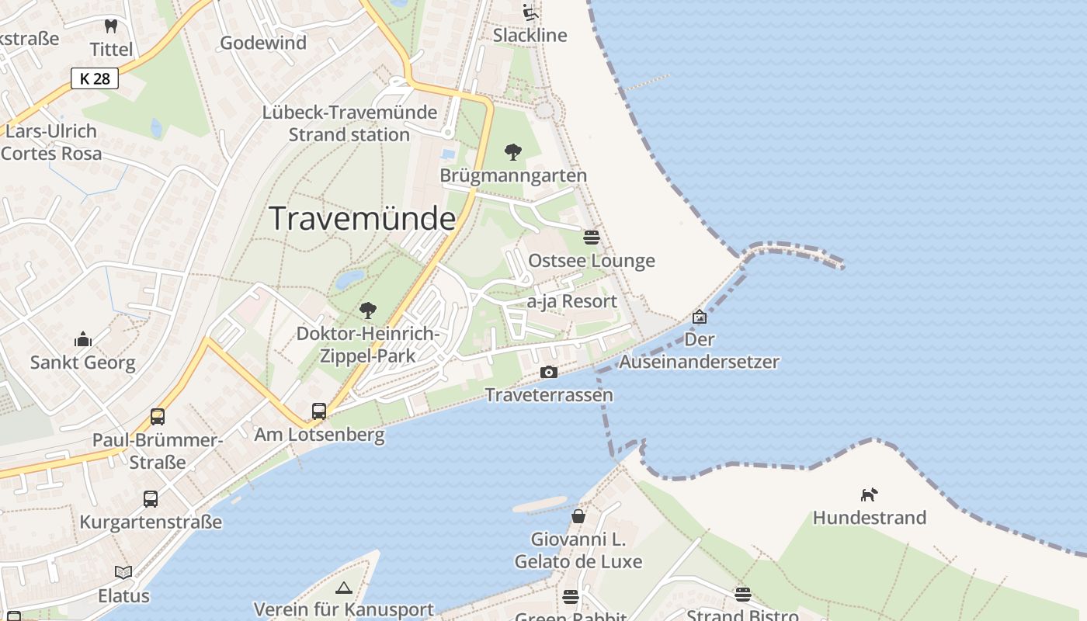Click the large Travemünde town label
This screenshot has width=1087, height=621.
tap(362, 219)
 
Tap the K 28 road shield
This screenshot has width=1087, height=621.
tap(95, 78)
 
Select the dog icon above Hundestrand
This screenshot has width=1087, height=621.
tap(869, 494)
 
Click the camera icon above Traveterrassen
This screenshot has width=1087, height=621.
tap(549, 373)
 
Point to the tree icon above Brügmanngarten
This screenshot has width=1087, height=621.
tap(512, 152)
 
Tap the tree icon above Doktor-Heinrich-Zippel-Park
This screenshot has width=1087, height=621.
tap(368, 310)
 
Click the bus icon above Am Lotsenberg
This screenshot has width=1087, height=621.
tap(319, 411)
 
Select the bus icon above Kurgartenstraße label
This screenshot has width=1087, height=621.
tap(151, 499)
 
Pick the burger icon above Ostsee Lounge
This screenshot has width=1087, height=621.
tap(592, 237)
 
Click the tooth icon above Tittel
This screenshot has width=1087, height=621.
tap(111, 26)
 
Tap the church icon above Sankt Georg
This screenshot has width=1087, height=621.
tap(82, 339)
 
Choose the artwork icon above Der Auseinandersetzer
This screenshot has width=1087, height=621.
tap(700, 317)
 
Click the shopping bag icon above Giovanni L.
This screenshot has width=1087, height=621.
tap(578, 516)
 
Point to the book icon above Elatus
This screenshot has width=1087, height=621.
tap(123, 573)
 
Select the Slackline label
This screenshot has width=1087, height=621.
tap(530, 35)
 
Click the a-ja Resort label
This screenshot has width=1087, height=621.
tap(572, 301)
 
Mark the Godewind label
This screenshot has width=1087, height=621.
tap(264, 43)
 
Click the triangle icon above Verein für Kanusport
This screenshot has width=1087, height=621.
tap(344, 588)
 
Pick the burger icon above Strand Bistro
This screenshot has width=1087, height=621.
tap(743, 595)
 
